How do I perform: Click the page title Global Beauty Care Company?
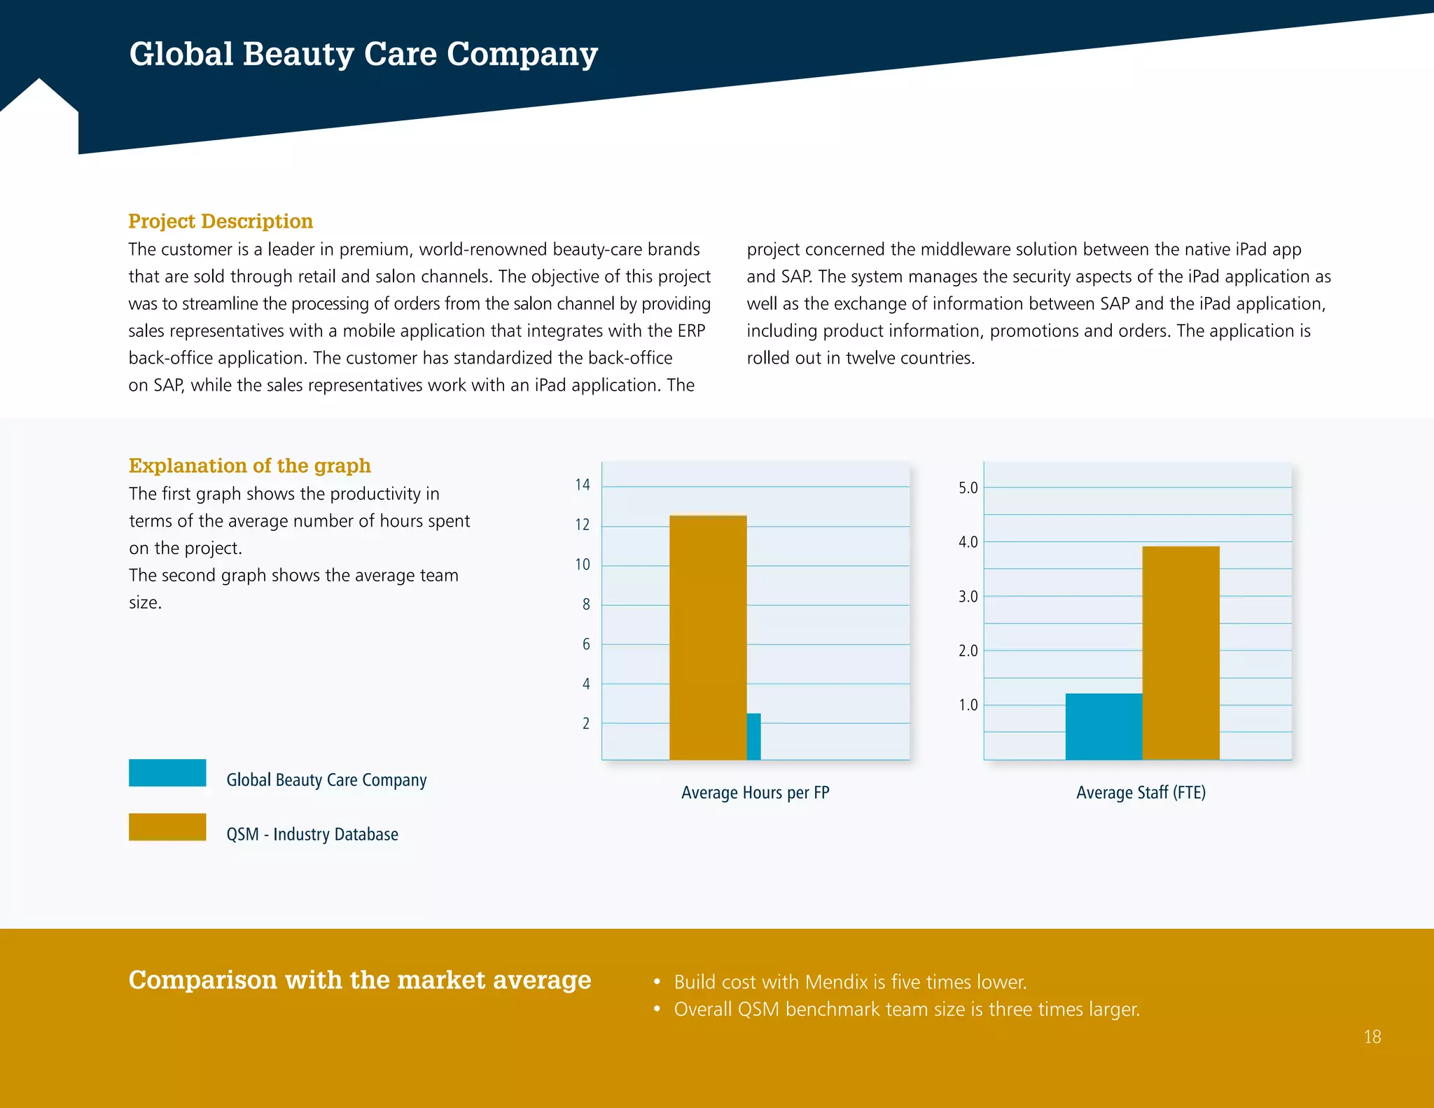363,54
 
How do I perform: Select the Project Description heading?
221,221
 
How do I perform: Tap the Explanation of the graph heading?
250,466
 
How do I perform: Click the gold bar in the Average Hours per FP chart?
707,637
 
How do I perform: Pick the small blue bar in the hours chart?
753,737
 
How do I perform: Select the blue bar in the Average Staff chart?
1104,726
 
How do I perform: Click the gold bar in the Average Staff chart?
1181,653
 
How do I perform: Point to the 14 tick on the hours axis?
583,485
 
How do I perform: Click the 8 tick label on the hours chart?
586,604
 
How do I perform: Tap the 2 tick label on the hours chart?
586,723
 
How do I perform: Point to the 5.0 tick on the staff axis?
968,488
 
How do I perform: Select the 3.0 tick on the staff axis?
968,597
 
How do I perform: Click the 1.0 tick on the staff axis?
968,705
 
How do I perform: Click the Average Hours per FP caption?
755,793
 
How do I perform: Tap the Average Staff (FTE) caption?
1141,793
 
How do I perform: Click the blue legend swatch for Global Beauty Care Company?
167,773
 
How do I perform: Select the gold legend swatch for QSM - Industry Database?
167,826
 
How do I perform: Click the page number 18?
1372,1037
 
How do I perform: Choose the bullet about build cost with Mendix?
849,982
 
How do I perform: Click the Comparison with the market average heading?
360,980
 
